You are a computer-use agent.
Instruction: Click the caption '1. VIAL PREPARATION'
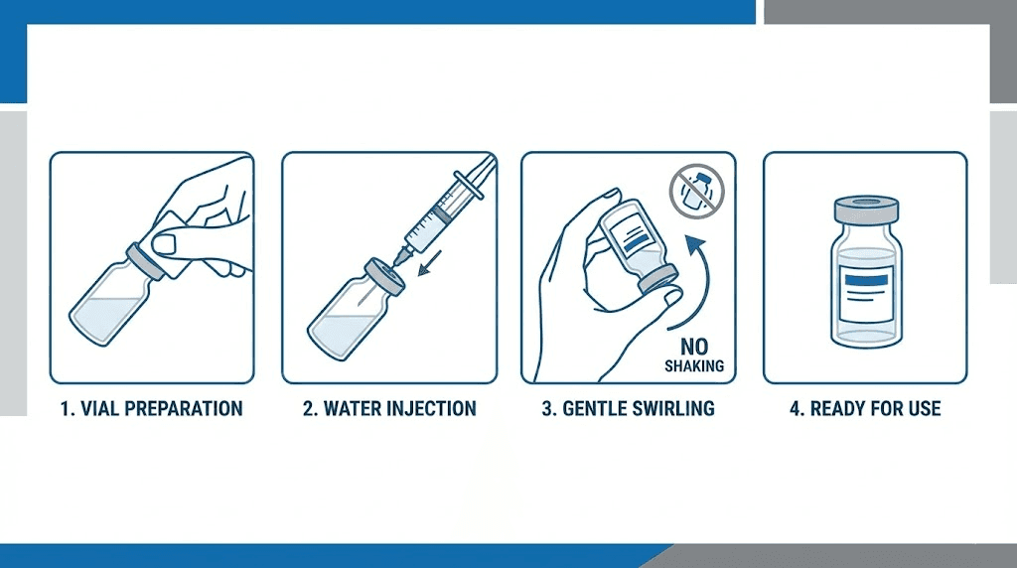coord(152,408)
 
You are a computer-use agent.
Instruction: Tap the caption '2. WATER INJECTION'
coord(389,408)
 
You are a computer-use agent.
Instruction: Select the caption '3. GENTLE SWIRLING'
coord(628,408)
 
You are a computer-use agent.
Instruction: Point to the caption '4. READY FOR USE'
coord(864,408)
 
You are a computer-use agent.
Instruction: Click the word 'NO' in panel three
coord(694,347)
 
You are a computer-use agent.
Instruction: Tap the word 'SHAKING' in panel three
coord(694,365)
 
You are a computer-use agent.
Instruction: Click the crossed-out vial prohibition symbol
coord(697,190)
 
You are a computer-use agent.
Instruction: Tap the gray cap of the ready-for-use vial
coord(865,210)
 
